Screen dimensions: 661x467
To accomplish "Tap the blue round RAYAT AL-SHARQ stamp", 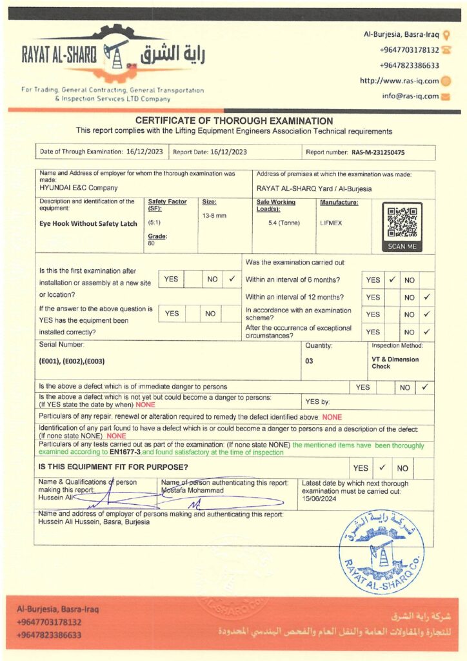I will pos(381,552).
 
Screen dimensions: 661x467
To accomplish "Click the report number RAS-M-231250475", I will pos(379,152).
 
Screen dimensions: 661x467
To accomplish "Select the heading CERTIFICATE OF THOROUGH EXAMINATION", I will pos(234,121).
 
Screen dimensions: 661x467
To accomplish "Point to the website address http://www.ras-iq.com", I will pos(399,81).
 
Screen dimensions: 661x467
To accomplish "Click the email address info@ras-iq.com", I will pos(410,96).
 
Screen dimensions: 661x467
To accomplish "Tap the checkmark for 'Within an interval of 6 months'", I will pos(392,280).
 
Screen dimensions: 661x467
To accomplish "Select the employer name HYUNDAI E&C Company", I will pos(79,188).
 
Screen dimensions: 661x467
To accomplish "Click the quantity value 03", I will pos(310,361).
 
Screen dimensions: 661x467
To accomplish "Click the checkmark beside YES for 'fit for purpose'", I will pos(382,467).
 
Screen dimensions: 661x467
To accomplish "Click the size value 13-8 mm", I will pos(214,215).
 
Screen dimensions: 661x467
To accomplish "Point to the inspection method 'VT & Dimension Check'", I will pos(395,363).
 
